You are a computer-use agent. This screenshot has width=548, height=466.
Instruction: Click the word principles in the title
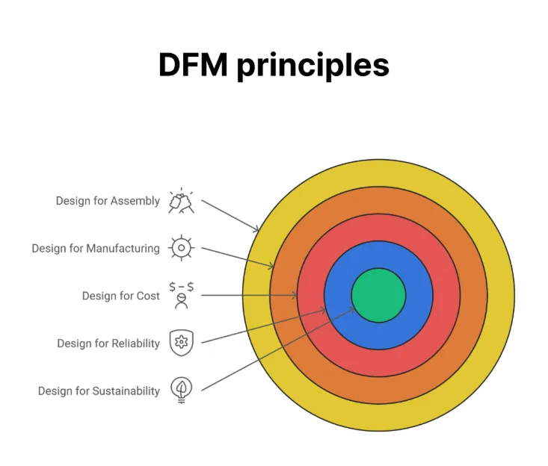[x=313, y=66]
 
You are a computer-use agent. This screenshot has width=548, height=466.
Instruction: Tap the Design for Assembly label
[x=108, y=201]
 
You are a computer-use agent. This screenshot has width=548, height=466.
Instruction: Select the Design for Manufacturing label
[x=96, y=248]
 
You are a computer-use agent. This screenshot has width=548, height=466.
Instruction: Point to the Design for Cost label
[x=120, y=296]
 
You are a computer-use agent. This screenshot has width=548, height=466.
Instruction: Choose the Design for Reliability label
[x=108, y=344]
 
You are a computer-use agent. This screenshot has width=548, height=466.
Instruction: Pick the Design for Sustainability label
[x=99, y=391]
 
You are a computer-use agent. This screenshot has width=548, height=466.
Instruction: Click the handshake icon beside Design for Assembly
[x=181, y=201]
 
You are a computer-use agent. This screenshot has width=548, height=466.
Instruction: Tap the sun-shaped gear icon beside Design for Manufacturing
[x=181, y=248]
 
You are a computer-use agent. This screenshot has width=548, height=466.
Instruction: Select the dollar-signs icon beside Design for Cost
[x=181, y=295]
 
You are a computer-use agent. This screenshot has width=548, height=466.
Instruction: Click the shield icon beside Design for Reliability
[x=181, y=343]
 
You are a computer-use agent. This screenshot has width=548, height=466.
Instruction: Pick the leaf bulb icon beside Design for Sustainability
[x=181, y=390]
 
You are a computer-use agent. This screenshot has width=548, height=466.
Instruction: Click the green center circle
[x=378, y=295]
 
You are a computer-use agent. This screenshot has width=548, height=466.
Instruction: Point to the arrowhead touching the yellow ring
[x=256, y=229]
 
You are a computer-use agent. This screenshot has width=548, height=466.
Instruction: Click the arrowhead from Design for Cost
[x=295, y=296]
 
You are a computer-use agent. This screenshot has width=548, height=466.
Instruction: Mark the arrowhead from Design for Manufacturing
[x=271, y=265]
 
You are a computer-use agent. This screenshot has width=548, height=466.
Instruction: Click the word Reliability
[x=135, y=344]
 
